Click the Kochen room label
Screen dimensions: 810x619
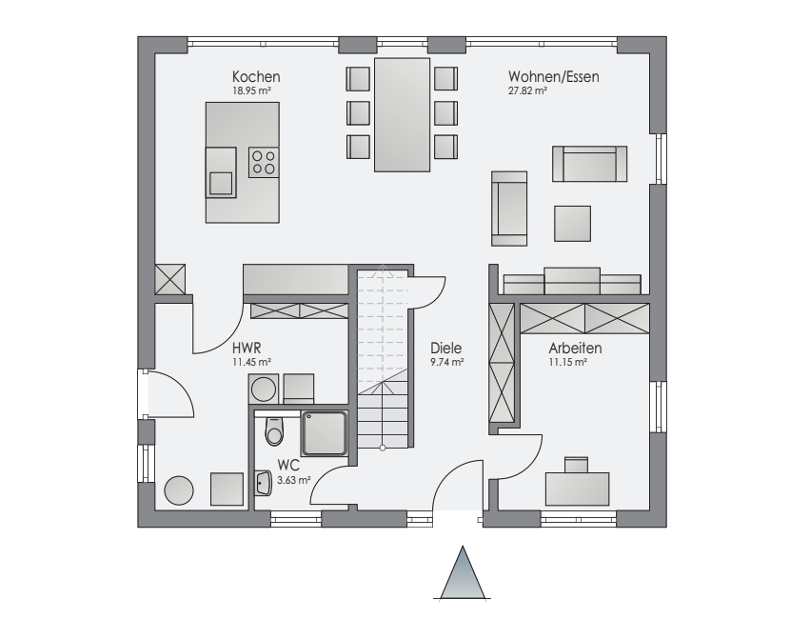(256, 77)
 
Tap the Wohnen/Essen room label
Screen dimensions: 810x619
(554, 77)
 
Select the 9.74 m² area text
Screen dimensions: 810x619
(446, 362)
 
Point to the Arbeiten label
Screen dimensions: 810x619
(575, 348)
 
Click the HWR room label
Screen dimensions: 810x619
(247, 348)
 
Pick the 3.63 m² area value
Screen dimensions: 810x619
(294, 481)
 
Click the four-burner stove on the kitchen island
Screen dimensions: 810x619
(264, 162)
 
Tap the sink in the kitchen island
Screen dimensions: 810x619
(221, 172)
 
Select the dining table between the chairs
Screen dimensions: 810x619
(402, 114)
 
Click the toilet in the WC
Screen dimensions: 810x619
(274, 430)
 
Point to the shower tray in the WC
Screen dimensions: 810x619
(325, 433)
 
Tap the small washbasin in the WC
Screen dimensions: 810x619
(264, 483)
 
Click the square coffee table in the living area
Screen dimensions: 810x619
(572, 223)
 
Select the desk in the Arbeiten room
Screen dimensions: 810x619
(577, 489)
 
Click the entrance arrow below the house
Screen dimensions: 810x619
(463, 572)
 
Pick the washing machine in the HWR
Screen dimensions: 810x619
(264, 389)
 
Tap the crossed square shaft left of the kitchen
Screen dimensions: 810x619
(170, 280)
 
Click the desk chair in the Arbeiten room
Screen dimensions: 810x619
(577, 465)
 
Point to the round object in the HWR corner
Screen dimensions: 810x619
(179, 489)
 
